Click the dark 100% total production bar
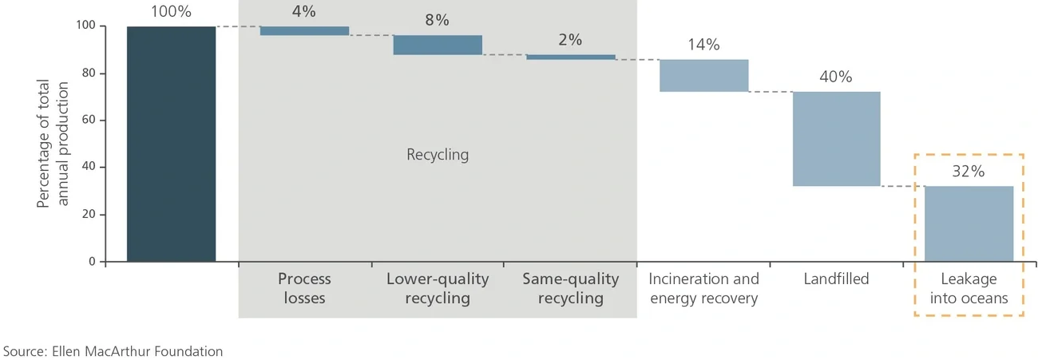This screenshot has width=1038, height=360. click(171, 144)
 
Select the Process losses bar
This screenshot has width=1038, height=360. click(304, 31)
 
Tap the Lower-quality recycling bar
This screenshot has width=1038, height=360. click(437, 45)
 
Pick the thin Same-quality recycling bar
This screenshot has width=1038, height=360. click(570, 57)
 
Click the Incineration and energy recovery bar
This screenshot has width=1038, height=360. click(703, 76)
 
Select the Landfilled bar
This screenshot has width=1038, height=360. click(836, 139)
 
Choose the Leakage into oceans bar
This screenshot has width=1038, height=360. click(969, 224)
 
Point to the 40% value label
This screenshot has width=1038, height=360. click(835, 77)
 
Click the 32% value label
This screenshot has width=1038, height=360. click(968, 172)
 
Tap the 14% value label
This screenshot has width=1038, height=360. click(703, 45)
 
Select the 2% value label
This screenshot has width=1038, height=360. click(570, 40)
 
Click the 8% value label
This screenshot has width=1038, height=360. click(437, 21)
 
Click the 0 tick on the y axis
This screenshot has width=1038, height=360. click(91, 262)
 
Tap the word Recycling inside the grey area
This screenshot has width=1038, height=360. click(438, 155)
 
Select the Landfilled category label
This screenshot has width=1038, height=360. click(836, 279)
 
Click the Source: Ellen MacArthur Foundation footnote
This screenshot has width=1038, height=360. click(113, 351)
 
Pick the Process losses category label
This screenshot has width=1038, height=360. click(304, 289)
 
